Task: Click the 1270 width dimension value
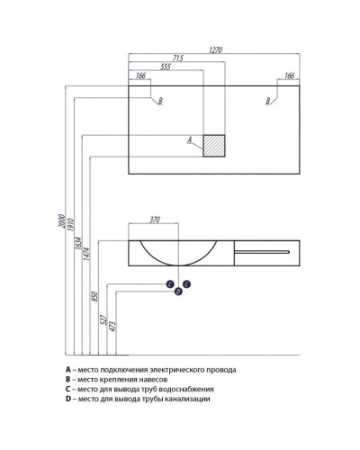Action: pos(215,49)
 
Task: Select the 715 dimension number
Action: pos(177,58)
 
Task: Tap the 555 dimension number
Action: pos(166,67)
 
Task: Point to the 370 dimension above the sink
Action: pos(155,220)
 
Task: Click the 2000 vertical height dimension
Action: pos(61,220)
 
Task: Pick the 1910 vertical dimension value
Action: pos(70,225)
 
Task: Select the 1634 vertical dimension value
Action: pos(78,244)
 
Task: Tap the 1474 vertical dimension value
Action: pos(86,254)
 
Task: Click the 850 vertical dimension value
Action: pos(94,296)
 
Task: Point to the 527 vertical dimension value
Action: pos(103,320)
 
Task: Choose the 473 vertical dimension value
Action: pos(112,327)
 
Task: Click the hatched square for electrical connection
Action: pos(214,146)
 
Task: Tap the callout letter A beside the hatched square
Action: pos(190,140)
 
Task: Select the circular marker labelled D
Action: pos(178,292)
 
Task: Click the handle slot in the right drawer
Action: pos(262,252)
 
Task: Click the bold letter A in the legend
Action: pos(68,370)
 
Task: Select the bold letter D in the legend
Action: pos(68,399)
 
